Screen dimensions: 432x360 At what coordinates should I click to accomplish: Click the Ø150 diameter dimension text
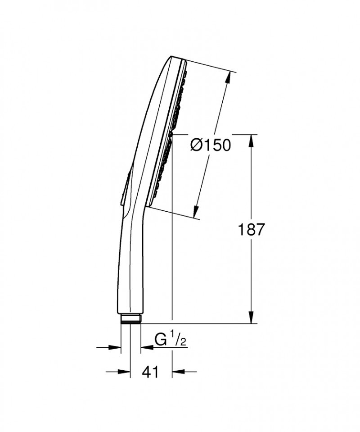(x=210, y=145)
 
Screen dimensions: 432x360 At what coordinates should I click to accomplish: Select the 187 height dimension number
(x=251, y=230)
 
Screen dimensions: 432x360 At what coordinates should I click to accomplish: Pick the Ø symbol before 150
(x=197, y=145)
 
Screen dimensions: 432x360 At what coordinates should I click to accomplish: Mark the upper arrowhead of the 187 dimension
(x=251, y=139)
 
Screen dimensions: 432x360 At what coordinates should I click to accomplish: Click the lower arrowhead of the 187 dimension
(x=251, y=318)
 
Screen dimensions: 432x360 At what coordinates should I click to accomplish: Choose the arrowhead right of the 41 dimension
(x=178, y=372)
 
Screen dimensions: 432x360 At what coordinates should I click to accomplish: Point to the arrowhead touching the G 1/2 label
(x=146, y=347)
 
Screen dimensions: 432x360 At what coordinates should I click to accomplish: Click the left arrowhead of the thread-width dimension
(x=116, y=347)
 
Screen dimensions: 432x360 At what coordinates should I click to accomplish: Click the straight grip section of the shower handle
(x=131, y=270)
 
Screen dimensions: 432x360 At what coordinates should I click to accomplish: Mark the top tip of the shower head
(x=173, y=57)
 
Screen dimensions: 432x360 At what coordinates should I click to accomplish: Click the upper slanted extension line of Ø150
(x=211, y=66)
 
